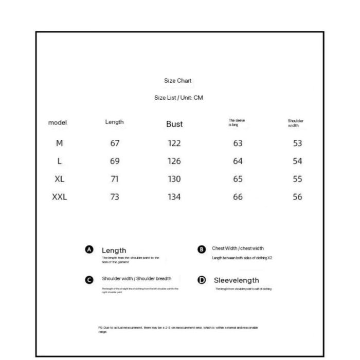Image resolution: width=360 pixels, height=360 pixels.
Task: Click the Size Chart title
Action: [x=177, y=81]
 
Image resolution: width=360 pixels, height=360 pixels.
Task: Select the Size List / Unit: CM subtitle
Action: [x=178, y=98]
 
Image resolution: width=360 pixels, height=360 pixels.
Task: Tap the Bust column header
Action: [x=174, y=124]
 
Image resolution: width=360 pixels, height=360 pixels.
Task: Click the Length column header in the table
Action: [x=114, y=122]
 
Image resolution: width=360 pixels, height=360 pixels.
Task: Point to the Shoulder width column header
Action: [x=295, y=123]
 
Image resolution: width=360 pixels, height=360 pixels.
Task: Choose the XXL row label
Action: [x=60, y=197]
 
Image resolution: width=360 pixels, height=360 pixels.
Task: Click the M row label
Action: [x=59, y=143]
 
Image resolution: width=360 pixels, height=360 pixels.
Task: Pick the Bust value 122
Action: [x=174, y=143]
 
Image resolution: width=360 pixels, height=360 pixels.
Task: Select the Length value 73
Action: [x=115, y=197]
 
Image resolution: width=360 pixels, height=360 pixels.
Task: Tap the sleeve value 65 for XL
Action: [x=238, y=179]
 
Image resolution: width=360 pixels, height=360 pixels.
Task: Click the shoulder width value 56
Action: [x=297, y=197]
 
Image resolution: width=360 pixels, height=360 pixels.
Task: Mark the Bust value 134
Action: [x=174, y=197]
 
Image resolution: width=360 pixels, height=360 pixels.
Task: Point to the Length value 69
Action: [x=115, y=161]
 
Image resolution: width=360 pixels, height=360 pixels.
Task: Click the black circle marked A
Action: [x=89, y=249]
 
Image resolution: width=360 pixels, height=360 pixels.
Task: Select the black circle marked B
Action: [x=202, y=249]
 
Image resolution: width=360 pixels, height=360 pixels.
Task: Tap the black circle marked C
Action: [x=89, y=280]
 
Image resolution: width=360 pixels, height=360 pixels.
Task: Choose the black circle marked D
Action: [x=202, y=280]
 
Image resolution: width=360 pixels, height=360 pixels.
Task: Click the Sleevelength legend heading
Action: [x=236, y=280]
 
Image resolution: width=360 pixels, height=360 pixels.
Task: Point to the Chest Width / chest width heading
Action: [x=238, y=248]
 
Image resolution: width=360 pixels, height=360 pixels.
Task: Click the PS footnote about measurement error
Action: [x=178, y=329]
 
